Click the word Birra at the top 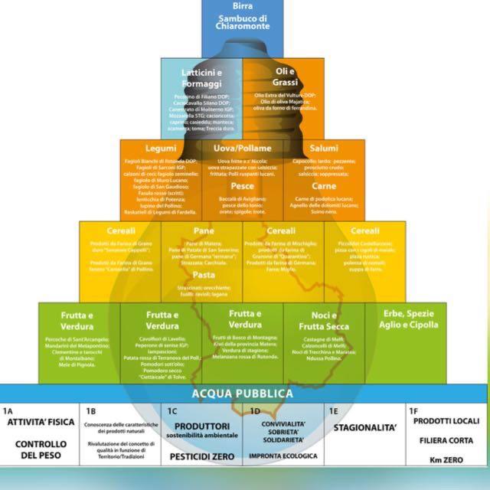pyautogui.click(x=242, y=6)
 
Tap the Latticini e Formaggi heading pyautogui.click(x=202, y=77)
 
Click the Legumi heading pyautogui.click(x=160, y=148)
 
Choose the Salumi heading pyautogui.click(x=324, y=148)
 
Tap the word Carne pyautogui.click(x=324, y=186)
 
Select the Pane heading pyautogui.click(x=203, y=230)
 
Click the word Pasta pyautogui.click(x=203, y=274)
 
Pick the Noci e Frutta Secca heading pyautogui.click(x=324, y=321)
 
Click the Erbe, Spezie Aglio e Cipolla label pyautogui.click(x=406, y=319)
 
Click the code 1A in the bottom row pyautogui.click(x=8, y=411)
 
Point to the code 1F pyautogui.click(x=414, y=411)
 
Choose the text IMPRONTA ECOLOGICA pyautogui.click(x=283, y=456)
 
